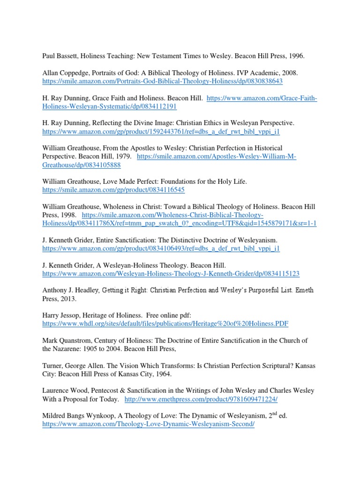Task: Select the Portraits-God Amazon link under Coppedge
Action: (x=162, y=81)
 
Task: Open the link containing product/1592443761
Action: (x=162, y=134)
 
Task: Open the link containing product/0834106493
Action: (x=161, y=248)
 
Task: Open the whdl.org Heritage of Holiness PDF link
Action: (x=165, y=323)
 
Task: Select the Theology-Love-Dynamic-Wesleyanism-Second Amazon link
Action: (x=148, y=424)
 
